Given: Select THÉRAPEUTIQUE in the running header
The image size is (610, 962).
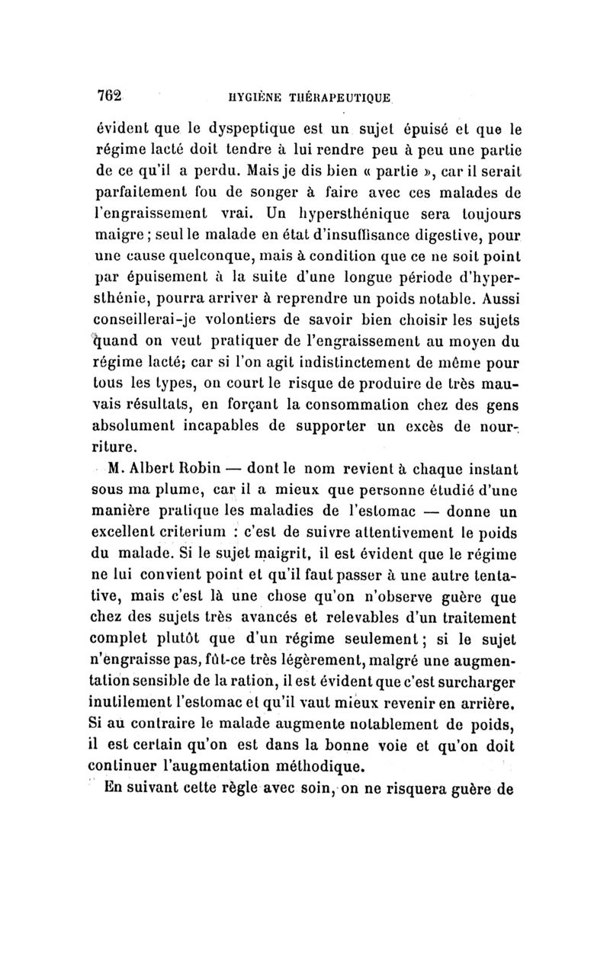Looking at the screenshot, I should tap(340, 98).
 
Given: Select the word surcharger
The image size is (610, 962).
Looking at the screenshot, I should tap(477, 675).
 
